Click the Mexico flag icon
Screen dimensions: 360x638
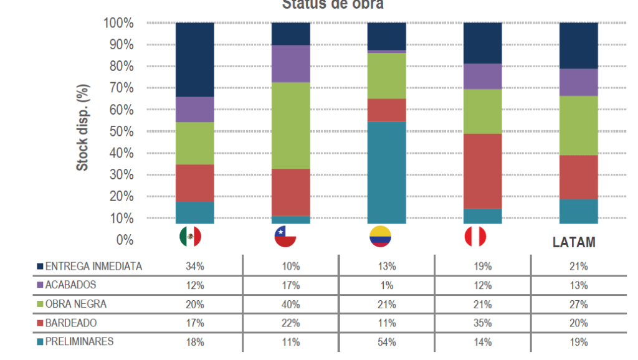pyautogui.click(x=190, y=237)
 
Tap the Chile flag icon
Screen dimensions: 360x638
pyautogui.click(x=285, y=237)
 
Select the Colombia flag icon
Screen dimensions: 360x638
pyautogui.click(x=381, y=237)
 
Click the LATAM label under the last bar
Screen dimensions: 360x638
pyautogui.click(x=574, y=242)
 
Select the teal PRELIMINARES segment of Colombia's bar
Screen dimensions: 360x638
pyautogui.click(x=387, y=172)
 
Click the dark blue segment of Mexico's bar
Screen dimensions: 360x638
pyautogui.click(x=195, y=59)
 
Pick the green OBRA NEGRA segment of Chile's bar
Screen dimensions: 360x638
pyautogui.click(x=291, y=125)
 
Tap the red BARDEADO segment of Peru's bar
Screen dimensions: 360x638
pyautogui.click(x=483, y=171)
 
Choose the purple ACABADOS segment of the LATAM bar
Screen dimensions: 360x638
pyautogui.click(x=579, y=82)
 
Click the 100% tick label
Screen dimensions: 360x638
pyautogui.click(x=118, y=23)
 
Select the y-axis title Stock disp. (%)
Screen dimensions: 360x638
pyautogui.click(x=82, y=128)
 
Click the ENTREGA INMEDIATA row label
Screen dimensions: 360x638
pyautogui.click(x=93, y=266)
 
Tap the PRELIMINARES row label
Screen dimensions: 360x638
pyautogui.click(x=79, y=341)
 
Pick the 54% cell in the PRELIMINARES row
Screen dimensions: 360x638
pyautogui.click(x=386, y=342)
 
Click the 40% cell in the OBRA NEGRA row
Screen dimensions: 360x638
pyautogui.click(x=290, y=304)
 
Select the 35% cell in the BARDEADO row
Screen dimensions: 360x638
pyautogui.click(x=482, y=323)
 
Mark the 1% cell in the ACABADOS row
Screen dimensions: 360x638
pyautogui.click(x=386, y=285)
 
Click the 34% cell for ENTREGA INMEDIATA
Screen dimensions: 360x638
pyautogui.click(x=194, y=266)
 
